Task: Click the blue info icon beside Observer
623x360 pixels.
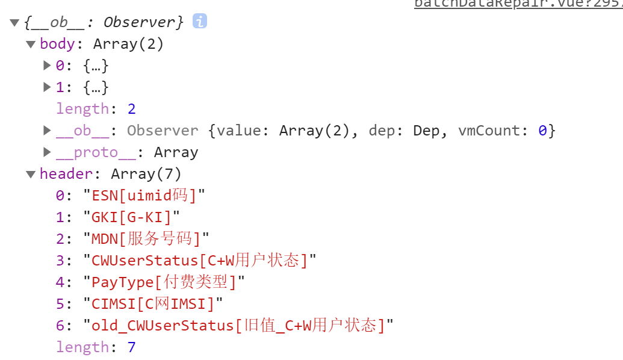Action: click(200, 22)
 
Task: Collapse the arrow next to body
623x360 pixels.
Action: click(31, 44)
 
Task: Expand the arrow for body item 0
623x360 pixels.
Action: click(47, 66)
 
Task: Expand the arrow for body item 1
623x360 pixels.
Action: click(47, 87)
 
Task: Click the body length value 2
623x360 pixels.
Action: click(131, 109)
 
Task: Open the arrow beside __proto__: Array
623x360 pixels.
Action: click(47, 152)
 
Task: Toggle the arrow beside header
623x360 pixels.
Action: click(31, 174)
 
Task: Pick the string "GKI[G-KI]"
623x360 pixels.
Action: click(132, 217)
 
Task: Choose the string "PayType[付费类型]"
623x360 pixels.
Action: click(164, 282)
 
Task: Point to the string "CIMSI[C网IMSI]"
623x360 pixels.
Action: click(153, 304)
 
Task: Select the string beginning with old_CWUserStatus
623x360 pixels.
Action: click(238, 326)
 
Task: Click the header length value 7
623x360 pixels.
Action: click(131, 347)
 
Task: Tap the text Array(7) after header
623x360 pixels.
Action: click(146, 174)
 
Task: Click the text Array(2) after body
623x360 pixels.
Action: click(128, 44)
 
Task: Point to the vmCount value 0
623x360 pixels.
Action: click(542, 131)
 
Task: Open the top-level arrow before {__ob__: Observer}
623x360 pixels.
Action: click(14, 22)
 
